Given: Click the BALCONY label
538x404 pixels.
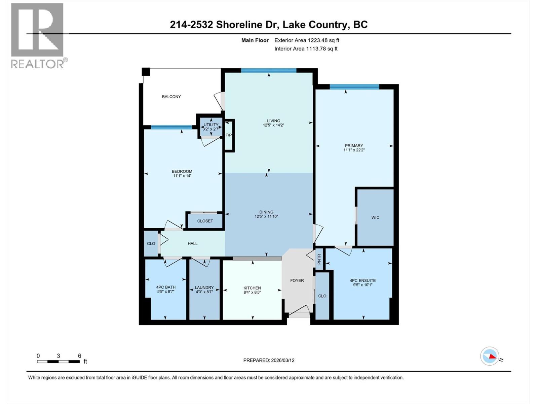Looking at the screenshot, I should point(171,97).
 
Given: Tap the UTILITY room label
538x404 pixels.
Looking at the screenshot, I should point(211,125).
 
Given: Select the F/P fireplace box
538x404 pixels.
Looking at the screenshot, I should point(229,135).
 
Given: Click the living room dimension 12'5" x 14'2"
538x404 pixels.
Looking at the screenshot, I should point(273,125).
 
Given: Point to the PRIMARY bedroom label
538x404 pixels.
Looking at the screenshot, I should point(354,146).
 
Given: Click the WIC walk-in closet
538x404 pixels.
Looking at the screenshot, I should point(375,217).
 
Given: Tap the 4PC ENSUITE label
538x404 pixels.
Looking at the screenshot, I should point(362,280).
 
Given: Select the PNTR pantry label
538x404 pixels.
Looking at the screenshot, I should point(319,259).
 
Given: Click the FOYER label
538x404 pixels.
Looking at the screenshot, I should point(297,280).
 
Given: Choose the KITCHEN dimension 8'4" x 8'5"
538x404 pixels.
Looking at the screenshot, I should point(252,292).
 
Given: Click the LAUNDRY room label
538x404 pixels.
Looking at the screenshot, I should point(204,288).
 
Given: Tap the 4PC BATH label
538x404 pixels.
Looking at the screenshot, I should point(166,287).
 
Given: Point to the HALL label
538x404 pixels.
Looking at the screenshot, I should point(193,243).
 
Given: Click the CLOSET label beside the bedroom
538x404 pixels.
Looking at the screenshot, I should point(205,221).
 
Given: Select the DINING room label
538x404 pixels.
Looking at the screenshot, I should point(266,212).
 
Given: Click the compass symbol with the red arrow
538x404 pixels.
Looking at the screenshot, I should point(490,356).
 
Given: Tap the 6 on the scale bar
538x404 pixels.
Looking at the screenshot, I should point(79,356).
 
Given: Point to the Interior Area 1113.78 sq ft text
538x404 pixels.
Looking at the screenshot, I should point(306,48).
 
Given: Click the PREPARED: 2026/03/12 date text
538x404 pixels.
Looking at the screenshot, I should point(269,360).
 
